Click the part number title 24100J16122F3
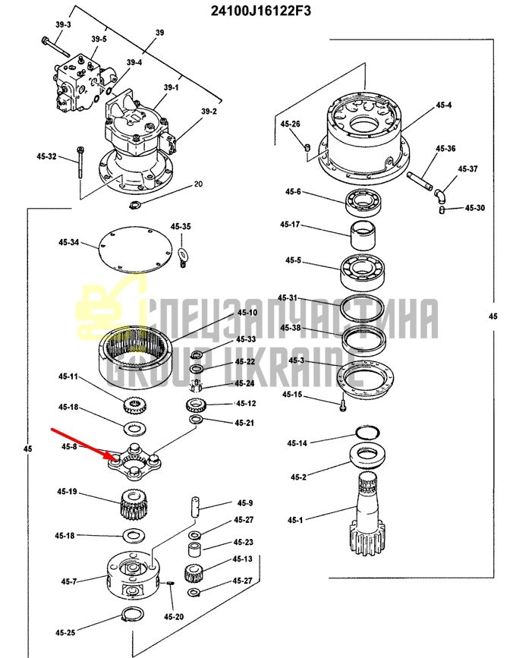260,11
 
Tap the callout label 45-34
69,243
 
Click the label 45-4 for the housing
443,105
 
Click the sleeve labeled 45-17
363,235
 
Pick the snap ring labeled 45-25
134,616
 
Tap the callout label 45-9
245,502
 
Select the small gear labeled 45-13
194,573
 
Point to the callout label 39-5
99,39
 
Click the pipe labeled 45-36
420,181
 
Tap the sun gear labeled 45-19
133,504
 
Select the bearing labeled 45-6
363,203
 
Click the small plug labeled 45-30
442,209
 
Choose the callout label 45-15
292,395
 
